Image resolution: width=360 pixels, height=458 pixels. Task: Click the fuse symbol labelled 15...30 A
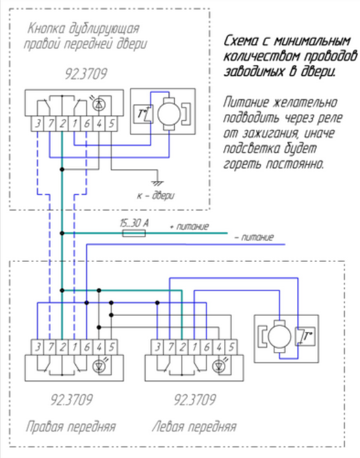[x=134, y=233]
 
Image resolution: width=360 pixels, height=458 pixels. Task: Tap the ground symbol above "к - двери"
[x=157, y=183]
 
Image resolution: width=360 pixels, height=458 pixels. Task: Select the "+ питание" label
[x=189, y=226]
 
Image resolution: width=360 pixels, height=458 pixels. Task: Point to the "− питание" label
[x=254, y=237]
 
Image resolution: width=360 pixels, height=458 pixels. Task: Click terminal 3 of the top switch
[x=38, y=124]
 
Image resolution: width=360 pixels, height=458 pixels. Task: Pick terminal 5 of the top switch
[x=111, y=124]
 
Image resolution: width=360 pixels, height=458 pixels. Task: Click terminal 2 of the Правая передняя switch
[x=62, y=347]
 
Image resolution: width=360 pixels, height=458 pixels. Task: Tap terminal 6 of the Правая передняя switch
[x=86, y=347]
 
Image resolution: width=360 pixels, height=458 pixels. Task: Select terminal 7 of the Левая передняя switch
[x=170, y=347]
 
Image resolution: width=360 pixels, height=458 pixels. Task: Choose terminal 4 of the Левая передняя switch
[x=219, y=347]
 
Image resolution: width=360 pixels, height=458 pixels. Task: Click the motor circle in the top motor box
[x=169, y=114]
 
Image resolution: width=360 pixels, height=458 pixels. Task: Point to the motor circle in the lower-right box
[x=279, y=336]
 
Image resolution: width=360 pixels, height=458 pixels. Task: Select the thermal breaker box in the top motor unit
[x=143, y=114]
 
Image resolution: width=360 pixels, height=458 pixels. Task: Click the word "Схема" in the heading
[x=241, y=41]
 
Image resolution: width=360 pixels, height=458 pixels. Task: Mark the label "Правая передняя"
[x=71, y=426]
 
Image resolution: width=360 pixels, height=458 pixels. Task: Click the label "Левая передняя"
[x=194, y=426]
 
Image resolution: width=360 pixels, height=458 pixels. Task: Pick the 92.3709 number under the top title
[x=86, y=74]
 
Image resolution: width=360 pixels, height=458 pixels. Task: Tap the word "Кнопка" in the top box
[x=46, y=29]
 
